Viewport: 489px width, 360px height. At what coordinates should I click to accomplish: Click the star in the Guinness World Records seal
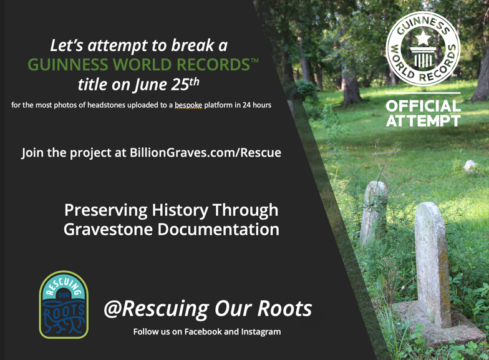(x=423, y=37)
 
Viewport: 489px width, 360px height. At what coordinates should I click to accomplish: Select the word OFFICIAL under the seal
(x=423, y=106)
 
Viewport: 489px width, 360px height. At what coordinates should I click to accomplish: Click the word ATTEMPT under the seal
(x=423, y=121)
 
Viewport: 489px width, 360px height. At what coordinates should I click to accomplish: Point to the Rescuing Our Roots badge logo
(x=64, y=304)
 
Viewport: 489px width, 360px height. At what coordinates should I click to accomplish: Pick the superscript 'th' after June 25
(x=194, y=82)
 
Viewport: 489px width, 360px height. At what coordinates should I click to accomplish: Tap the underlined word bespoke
(x=188, y=105)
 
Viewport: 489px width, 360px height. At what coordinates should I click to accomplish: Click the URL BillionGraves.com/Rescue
(x=205, y=152)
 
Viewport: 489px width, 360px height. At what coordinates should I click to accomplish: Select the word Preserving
(x=106, y=210)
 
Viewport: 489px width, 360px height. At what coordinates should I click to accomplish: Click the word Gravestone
(x=109, y=230)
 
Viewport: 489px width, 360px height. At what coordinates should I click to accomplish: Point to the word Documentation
(x=218, y=230)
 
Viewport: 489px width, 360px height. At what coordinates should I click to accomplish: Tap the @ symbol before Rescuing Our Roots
(x=112, y=308)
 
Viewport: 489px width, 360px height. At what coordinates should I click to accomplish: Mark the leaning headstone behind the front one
(x=374, y=212)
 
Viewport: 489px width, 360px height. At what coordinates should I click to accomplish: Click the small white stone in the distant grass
(x=469, y=165)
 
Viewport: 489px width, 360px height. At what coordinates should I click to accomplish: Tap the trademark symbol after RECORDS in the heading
(x=254, y=60)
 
